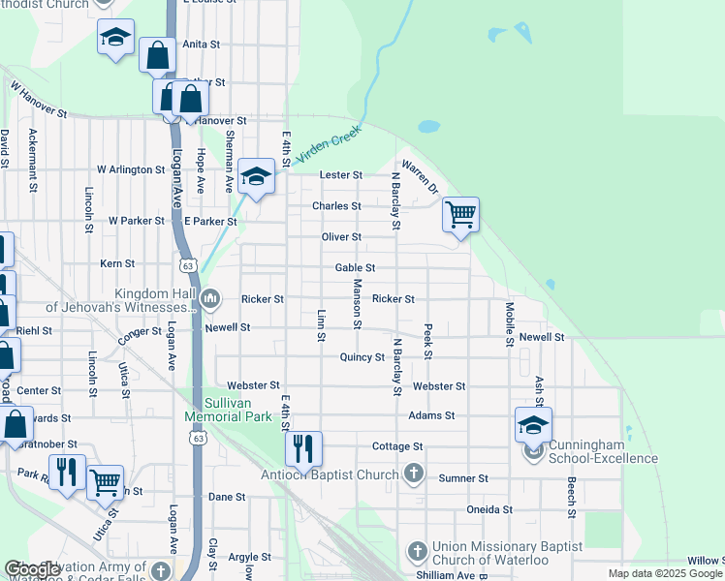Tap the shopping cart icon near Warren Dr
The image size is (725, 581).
(x=461, y=214)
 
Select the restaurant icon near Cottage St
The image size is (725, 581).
(x=303, y=447)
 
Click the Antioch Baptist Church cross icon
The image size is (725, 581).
(x=414, y=474)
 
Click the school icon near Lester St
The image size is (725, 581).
(x=256, y=176)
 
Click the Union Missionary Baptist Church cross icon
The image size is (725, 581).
(x=418, y=549)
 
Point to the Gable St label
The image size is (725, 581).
(x=355, y=267)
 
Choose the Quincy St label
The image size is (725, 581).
(x=362, y=356)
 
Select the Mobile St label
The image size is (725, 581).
(x=509, y=323)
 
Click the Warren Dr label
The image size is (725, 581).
(x=421, y=176)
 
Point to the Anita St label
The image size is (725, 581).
(x=202, y=45)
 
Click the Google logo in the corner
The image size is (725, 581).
(x=32, y=569)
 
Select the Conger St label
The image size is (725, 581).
(x=142, y=332)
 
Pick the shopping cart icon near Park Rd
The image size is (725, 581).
(x=105, y=481)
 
